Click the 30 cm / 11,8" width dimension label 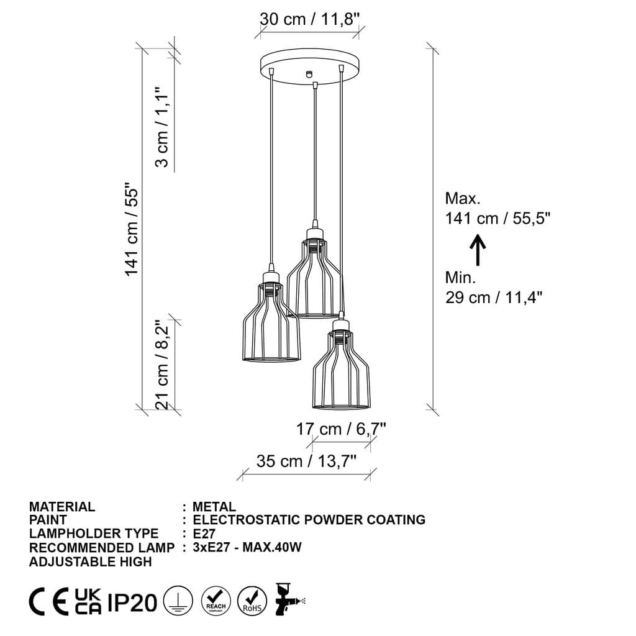pos(309,19)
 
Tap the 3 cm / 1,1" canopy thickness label pos(161,127)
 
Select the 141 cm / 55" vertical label pos(131,230)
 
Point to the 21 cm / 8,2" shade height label pos(162,365)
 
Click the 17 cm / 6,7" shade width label pos(341,429)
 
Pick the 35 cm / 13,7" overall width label pos(306,461)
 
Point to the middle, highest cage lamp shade pos(314,276)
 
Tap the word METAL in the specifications pos(214,507)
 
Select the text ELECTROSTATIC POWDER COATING pos(309,520)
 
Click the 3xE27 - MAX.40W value pos(247,547)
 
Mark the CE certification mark pos(49,602)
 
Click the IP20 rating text pos(132,602)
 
